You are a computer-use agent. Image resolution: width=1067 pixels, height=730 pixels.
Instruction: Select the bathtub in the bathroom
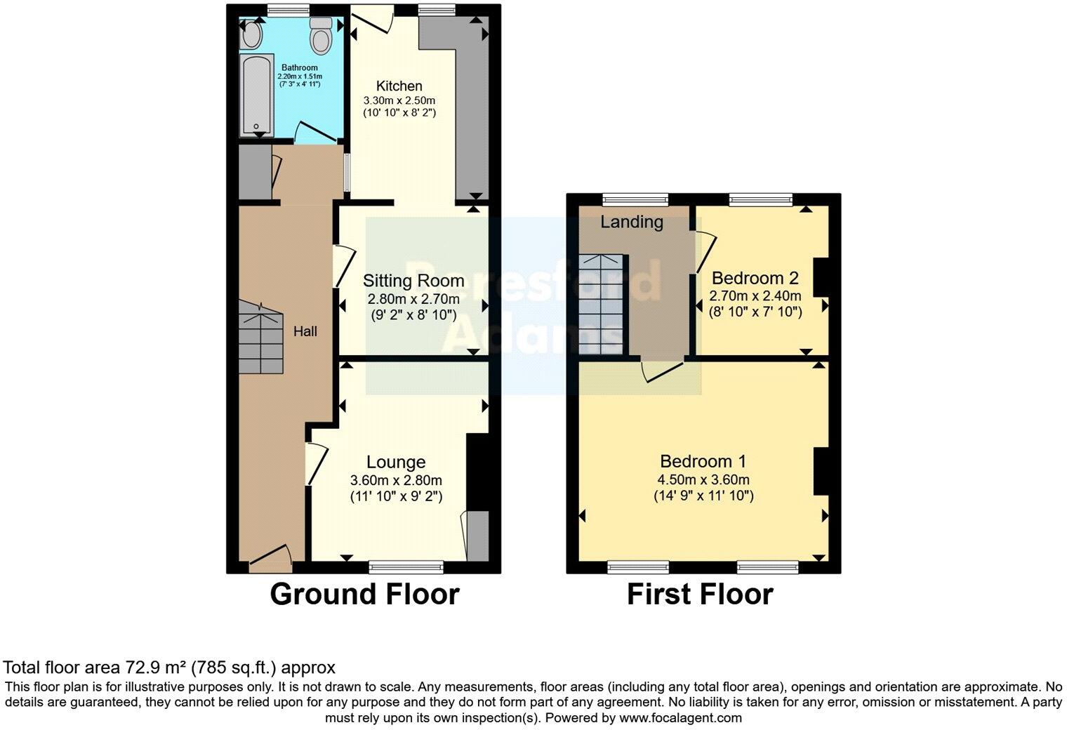[x=256, y=96]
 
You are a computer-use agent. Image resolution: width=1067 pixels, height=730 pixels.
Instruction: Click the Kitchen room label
[x=399, y=86]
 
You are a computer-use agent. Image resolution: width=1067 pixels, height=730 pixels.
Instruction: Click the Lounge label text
[x=396, y=462]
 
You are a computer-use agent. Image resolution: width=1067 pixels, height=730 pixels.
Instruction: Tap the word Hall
[x=305, y=331]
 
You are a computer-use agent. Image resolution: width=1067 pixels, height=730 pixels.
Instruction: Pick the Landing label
[x=632, y=222]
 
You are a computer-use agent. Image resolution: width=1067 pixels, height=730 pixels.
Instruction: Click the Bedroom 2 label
[x=755, y=277]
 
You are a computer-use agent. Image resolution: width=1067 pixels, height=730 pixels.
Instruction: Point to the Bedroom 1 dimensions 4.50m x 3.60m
[x=703, y=480]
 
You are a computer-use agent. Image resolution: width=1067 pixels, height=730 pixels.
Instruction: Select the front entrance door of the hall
[x=270, y=558]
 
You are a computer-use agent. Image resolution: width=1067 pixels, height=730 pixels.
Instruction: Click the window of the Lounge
[x=406, y=566]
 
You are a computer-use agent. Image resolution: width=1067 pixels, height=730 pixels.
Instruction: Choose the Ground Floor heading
[x=364, y=594]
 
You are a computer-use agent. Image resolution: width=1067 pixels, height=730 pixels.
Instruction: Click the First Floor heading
[x=700, y=594]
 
